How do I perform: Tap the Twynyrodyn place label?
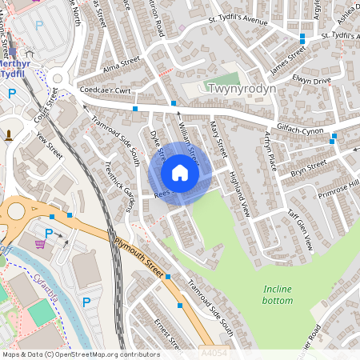pyautogui.click(x=241, y=89)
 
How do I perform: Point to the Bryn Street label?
pyautogui.click(x=309, y=167)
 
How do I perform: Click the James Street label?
pyautogui.click(x=288, y=62)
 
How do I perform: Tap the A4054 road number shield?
pyautogui.click(x=214, y=352)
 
